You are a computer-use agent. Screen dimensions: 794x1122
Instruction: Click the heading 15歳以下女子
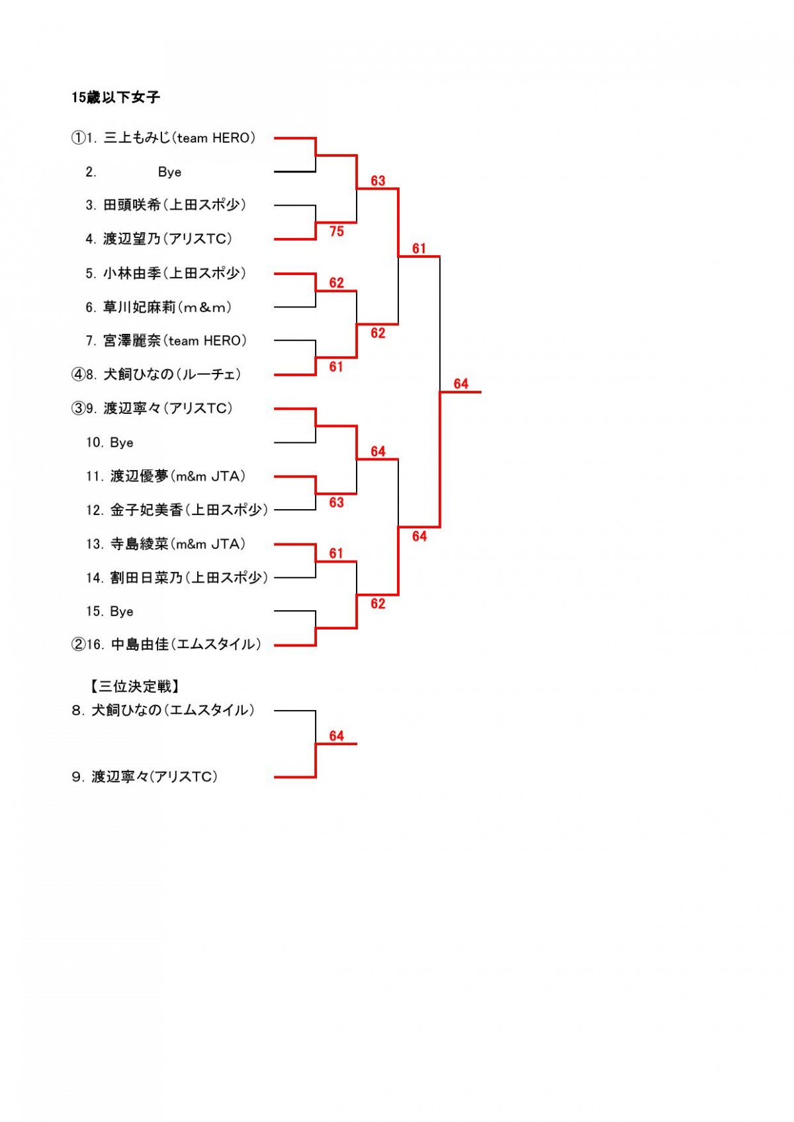point(115,97)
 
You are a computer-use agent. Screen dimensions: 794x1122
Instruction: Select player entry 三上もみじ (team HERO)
point(179,138)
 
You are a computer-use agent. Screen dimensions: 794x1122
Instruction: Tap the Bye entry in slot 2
point(169,173)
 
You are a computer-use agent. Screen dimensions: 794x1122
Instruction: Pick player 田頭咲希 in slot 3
point(175,205)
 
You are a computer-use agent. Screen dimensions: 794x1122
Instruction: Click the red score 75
point(336,231)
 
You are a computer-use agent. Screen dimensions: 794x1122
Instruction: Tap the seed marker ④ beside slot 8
point(78,374)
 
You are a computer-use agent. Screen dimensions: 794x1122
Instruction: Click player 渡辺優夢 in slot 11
point(178,476)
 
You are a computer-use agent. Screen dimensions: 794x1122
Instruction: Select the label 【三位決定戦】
point(134,686)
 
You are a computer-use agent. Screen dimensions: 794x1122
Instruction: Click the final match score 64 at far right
point(461,384)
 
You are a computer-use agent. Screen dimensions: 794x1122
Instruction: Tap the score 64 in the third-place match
point(336,736)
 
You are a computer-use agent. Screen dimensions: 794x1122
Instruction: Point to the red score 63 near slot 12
point(336,502)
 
